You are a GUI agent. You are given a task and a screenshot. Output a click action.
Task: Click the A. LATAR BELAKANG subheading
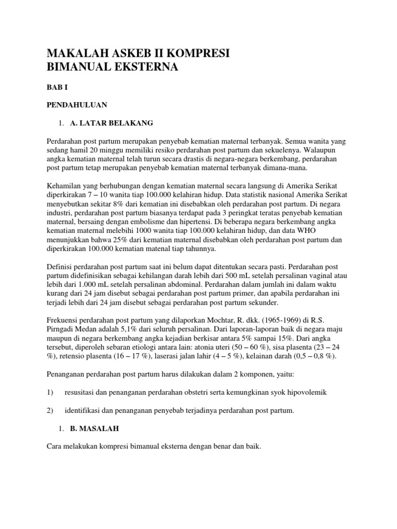[x=112, y=123]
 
